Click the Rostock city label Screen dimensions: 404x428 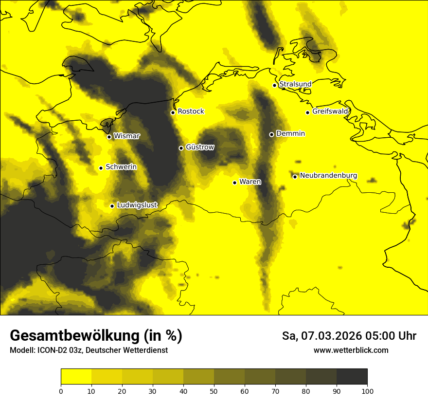[x=191, y=111]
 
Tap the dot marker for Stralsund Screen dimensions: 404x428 [x=274, y=85]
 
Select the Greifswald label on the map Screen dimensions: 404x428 [x=330, y=111]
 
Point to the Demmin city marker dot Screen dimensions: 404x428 [x=271, y=134]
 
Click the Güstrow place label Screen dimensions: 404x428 [x=200, y=147]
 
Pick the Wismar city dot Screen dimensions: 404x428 [x=109, y=137]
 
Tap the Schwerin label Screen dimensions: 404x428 [x=121, y=167]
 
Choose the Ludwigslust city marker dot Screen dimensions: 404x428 [x=112, y=206]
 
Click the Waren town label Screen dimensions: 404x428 [x=250, y=182]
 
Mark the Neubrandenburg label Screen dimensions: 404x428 [x=328, y=175]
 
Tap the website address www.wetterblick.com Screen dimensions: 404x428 [x=351, y=350]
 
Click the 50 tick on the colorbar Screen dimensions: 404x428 [x=214, y=390]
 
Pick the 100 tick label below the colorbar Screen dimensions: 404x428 [x=367, y=390]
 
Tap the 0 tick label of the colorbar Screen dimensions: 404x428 [x=61, y=390]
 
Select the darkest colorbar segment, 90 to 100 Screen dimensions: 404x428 [x=352, y=376]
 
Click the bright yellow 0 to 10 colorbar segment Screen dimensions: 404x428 [x=76, y=376]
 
